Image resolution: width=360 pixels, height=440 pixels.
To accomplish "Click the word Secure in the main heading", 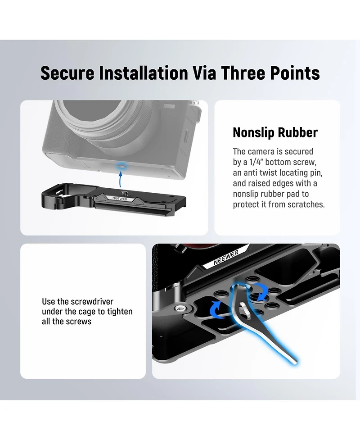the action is pos(67,73).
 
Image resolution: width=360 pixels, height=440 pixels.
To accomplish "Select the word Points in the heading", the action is pos(295,73).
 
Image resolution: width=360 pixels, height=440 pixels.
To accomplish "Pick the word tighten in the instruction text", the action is pos(119,312).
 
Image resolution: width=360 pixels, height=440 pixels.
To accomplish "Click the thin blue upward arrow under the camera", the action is pos(121,179).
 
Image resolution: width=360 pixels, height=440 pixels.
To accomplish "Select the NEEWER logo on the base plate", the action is pos(120,199).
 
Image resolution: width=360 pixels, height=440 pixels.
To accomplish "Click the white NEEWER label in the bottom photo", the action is pos(226,258).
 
